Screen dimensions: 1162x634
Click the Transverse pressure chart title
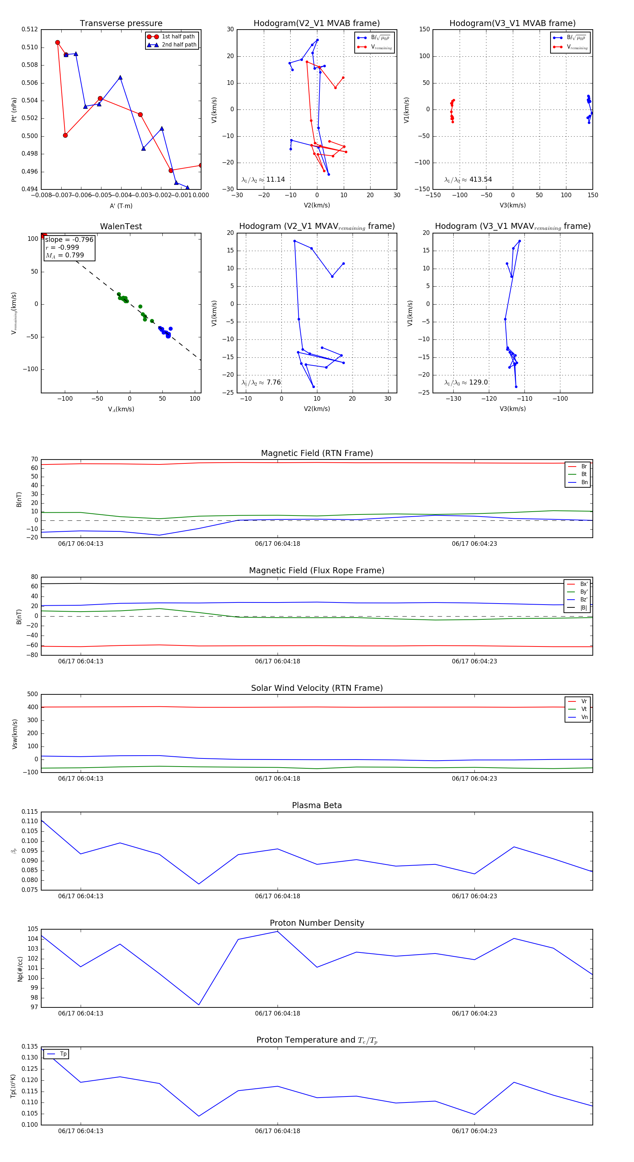click(121, 24)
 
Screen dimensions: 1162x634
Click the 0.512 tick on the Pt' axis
click(30, 29)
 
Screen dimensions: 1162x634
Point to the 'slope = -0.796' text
click(69, 239)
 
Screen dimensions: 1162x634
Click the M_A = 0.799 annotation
click(64, 255)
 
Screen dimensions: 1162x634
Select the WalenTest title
click(121, 226)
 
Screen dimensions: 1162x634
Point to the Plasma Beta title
click(317, 805)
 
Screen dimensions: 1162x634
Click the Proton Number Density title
click(317, 923)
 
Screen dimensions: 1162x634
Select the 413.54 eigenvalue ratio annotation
click(468, 180)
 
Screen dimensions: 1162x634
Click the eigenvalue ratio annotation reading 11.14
click(263, 180)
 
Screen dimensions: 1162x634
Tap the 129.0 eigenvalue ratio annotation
click(466, 382)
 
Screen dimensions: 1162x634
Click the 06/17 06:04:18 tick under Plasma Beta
click(278, 896)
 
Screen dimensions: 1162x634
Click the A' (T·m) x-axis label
click(121, 206)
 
